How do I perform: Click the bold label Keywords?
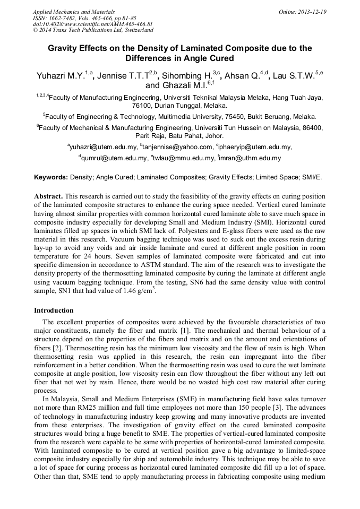click(x=50, y=177)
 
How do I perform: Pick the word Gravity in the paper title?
click(x=65, y=48)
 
